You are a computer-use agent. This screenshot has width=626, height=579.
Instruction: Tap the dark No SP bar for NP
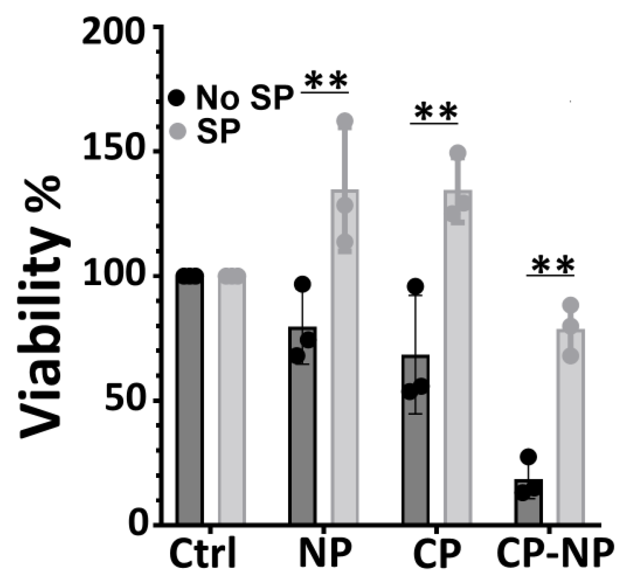302,427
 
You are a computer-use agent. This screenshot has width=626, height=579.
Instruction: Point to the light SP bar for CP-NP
571,427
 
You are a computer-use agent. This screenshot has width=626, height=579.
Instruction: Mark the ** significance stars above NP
325,82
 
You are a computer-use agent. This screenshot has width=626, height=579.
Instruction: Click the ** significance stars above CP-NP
551,266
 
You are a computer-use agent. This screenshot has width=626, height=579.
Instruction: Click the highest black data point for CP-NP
528,456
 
